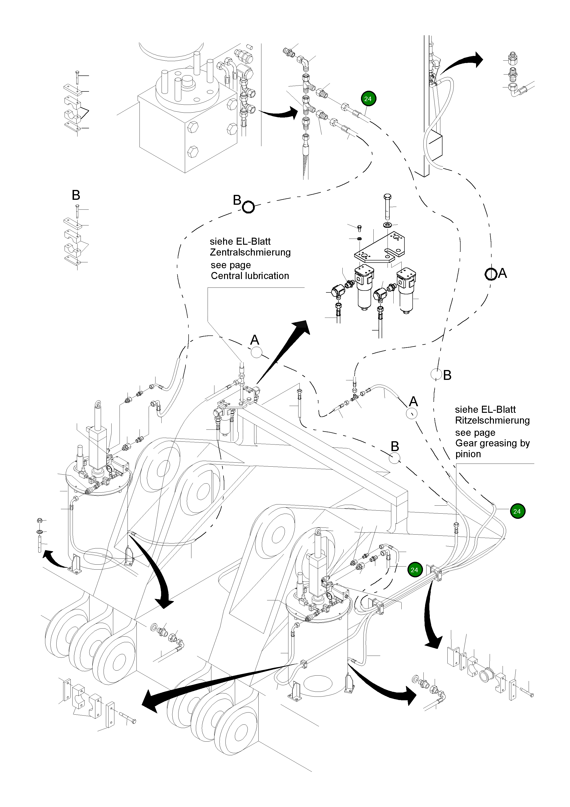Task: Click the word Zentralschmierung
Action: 250,252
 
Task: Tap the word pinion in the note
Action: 468,454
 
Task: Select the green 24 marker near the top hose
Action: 368,99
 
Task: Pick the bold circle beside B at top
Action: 248,207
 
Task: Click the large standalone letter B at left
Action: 76,195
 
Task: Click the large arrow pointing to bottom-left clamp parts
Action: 211,685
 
